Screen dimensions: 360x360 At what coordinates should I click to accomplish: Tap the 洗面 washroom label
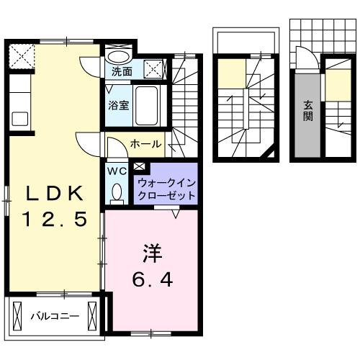(122, 71)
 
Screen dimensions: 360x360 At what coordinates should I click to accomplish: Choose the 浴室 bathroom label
(119, 105)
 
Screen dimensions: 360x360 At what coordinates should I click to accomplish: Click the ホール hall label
(145, 145)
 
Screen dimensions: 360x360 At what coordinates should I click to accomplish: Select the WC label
(117, 171)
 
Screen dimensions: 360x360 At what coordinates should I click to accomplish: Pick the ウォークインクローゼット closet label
(166, 189)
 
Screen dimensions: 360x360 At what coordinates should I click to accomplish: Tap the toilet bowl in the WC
(117, 193)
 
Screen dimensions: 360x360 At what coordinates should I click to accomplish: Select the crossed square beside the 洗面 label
(154, 69)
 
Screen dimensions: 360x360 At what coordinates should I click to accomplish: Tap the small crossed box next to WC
(139, 168)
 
